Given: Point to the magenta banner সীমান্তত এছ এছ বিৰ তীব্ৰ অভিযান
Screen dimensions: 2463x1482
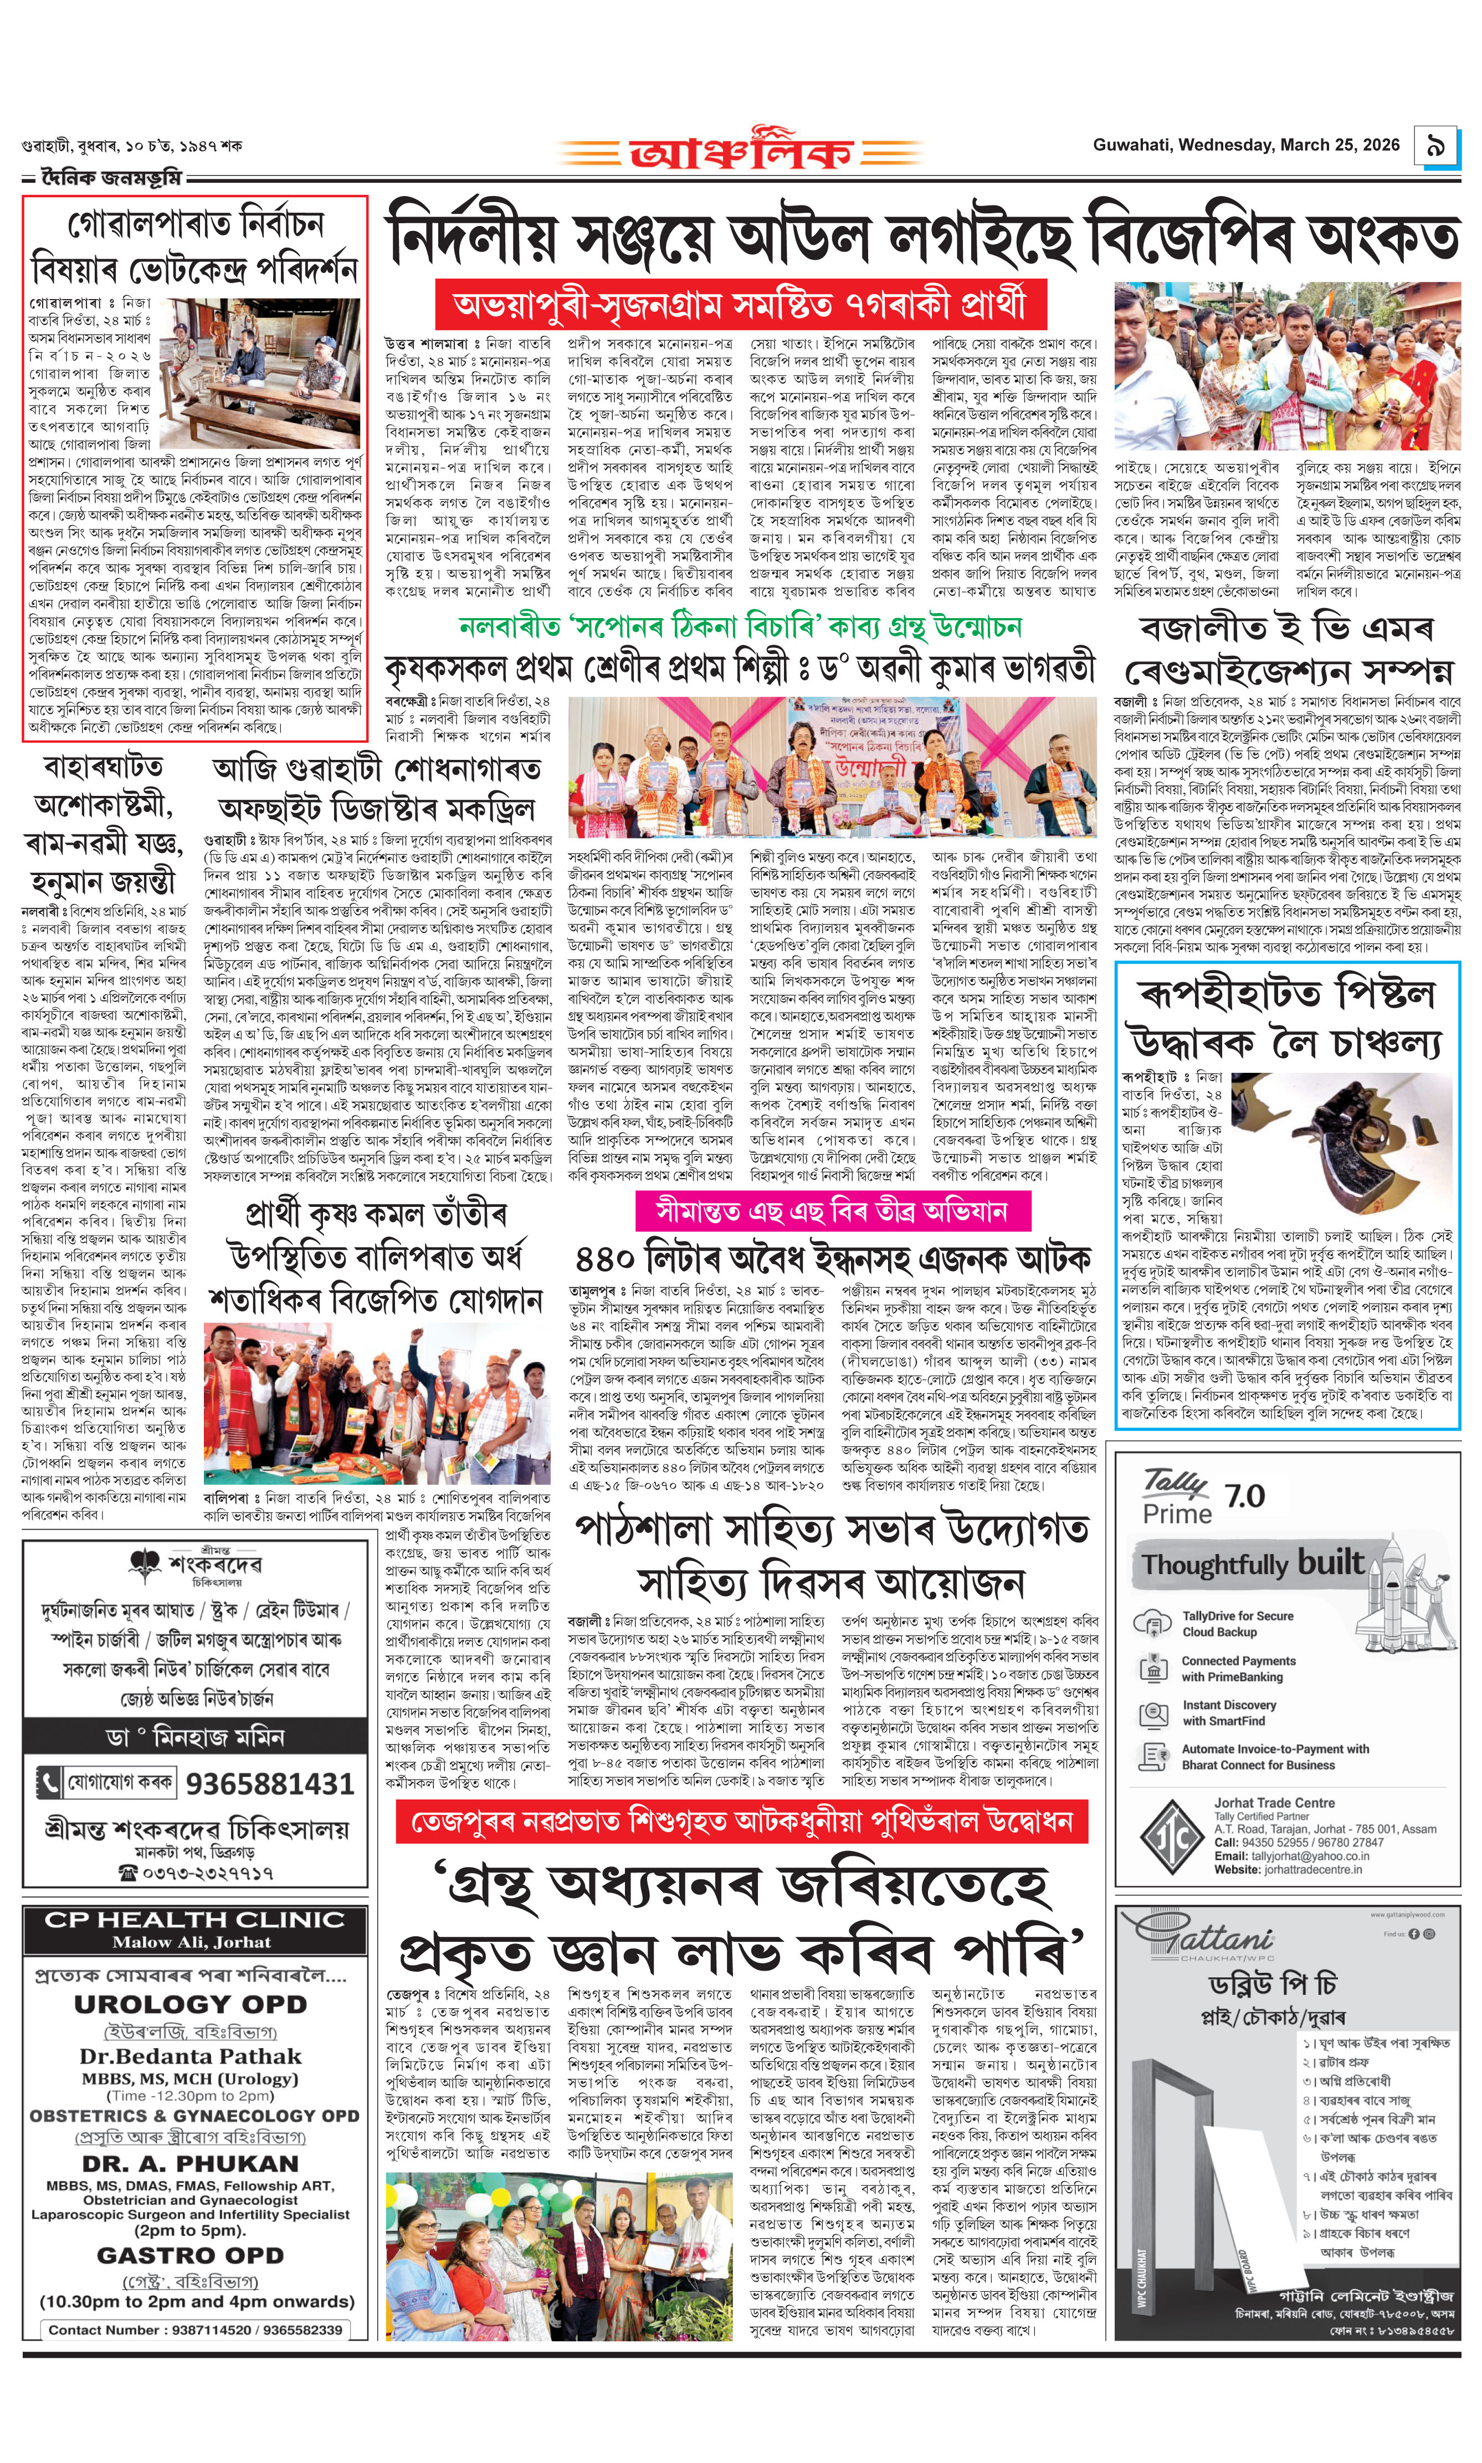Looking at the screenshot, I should [x=832, y=1211].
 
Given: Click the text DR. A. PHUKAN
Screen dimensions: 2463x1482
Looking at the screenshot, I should [x=189, y=2163].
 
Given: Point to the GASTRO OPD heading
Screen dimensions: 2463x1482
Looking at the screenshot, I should [x=189, y=2255].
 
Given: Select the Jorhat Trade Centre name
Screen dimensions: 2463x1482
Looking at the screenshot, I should [x=1273, y=1803].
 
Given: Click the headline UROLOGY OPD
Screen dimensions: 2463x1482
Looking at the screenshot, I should [x=189, y=2004].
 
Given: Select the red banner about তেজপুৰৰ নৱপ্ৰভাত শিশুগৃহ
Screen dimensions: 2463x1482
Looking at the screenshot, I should [x=742, y=1822].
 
